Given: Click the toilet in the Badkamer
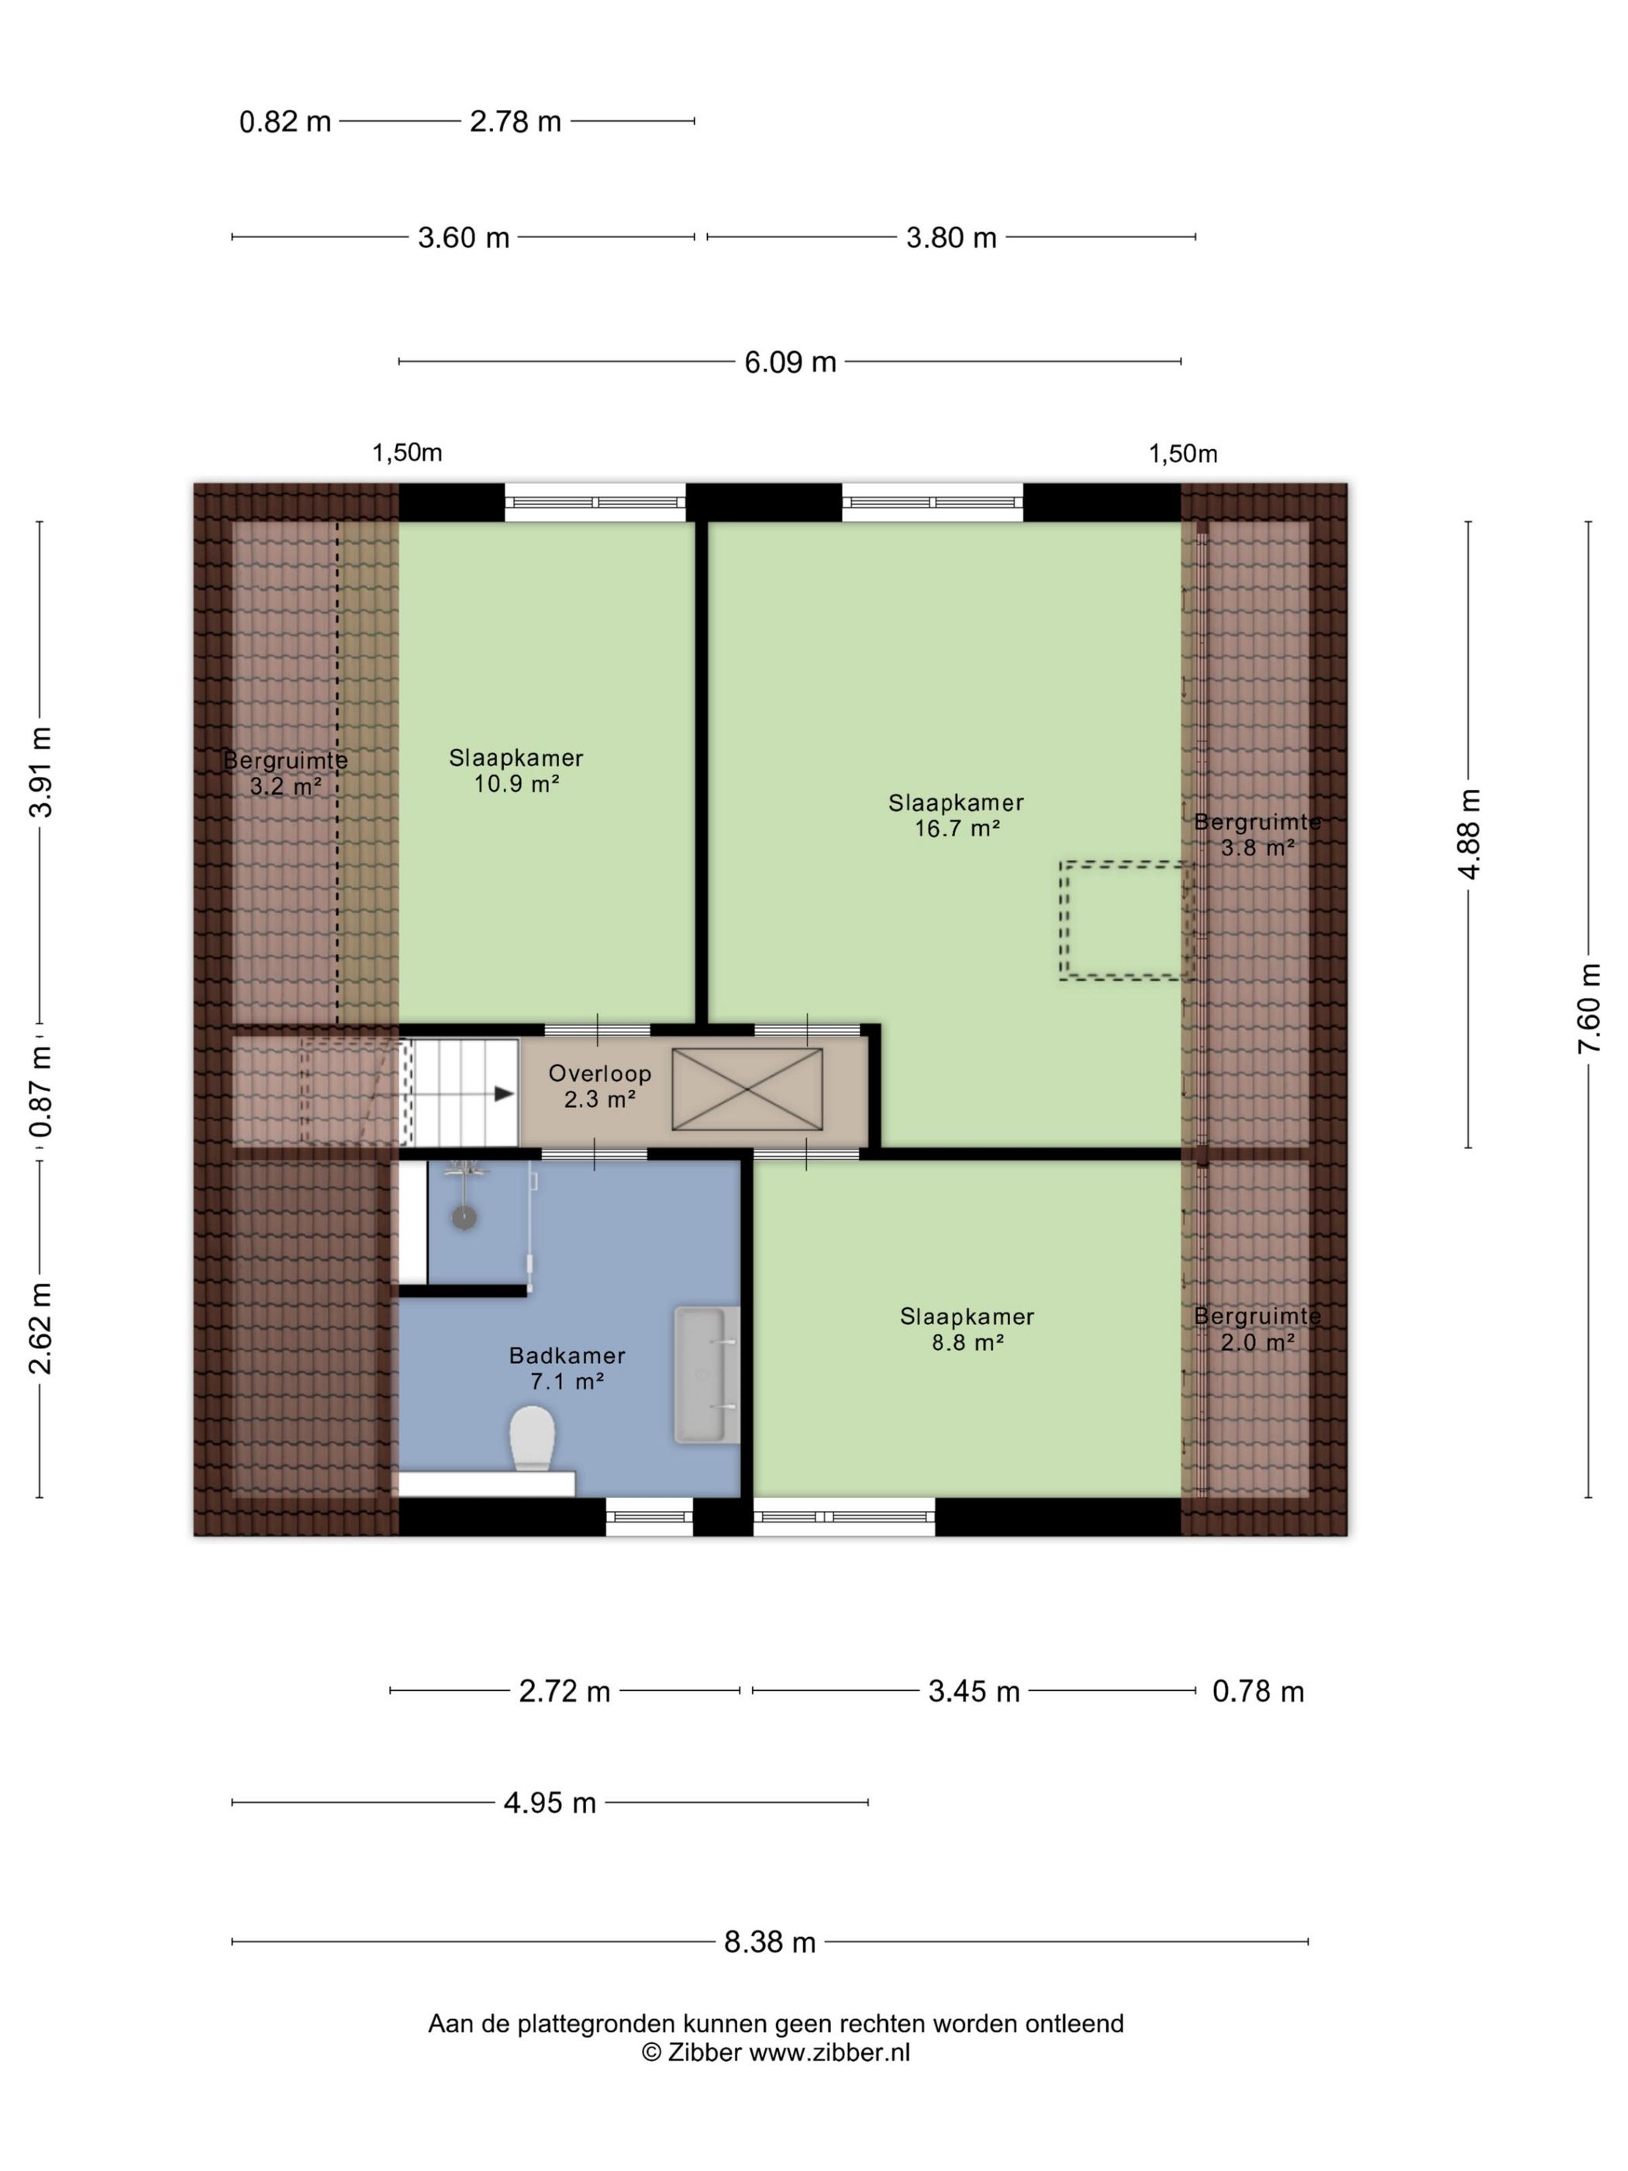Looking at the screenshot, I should (x=532, y=1439).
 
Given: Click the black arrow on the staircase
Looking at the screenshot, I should (x=503, y=1093).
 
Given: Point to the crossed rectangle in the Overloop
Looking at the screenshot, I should (x=747, y=1089).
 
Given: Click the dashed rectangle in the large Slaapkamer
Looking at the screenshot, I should (x=1125, y=920).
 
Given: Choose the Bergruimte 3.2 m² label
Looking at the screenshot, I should (x=285, y=772).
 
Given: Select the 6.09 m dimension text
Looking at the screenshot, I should (x=790, y=362).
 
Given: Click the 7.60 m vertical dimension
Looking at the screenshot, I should (x=1588, y=1008).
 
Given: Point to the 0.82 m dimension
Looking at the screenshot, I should (x=285, y=122).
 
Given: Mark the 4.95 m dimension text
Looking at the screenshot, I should (x=550, y=1803).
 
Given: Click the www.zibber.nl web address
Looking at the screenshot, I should (x=830, y=2052).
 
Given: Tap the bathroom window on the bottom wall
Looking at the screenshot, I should (x=649, y=1517).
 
